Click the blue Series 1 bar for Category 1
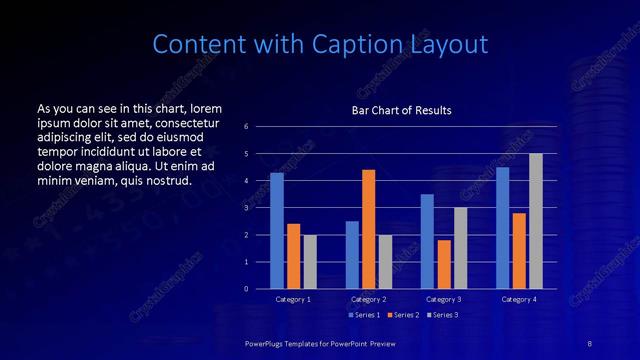coord(277,231)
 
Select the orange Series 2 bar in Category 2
coord(369,229)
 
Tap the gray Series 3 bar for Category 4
coord(536,221)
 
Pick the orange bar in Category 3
coord(444,264)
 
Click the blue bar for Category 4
coord(502,228)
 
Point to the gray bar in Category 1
coord(310,262)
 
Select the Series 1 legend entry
coord(365,315)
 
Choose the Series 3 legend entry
coord(444,315)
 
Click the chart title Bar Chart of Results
coord(401,110)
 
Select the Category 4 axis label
coord(519,299)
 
